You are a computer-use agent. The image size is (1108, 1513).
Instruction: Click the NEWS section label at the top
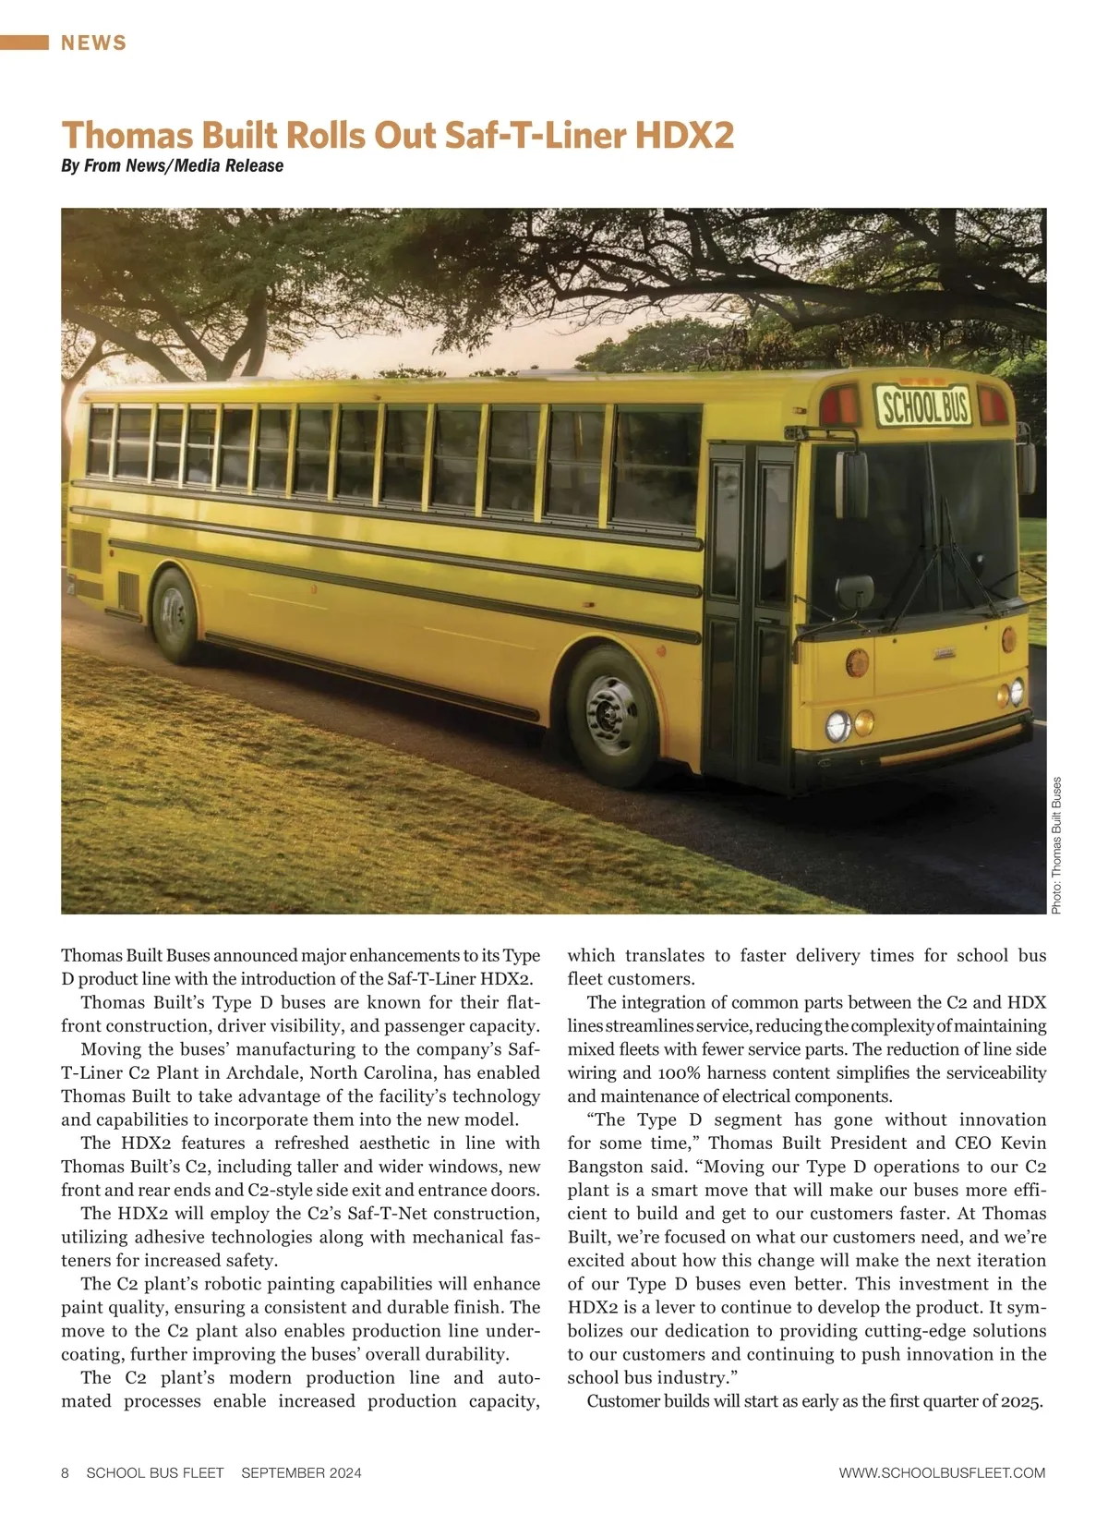pos(94,42)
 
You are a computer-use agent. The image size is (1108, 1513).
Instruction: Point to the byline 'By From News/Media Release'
pos(172,166)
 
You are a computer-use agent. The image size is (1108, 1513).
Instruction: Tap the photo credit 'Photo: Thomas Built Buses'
pos(1057,845)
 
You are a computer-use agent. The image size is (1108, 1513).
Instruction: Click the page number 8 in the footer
pos(66,1472)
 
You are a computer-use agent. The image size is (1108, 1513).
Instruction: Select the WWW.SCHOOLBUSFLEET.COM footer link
pos(942,1472)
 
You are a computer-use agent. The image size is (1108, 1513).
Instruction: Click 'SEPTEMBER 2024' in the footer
pos(301,1472)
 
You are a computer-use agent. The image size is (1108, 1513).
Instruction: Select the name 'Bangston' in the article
pos(605,1167)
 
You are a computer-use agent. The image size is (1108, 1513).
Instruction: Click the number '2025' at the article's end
pos(1020,1401)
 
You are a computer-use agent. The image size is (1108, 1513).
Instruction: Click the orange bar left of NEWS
pos(24,42)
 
